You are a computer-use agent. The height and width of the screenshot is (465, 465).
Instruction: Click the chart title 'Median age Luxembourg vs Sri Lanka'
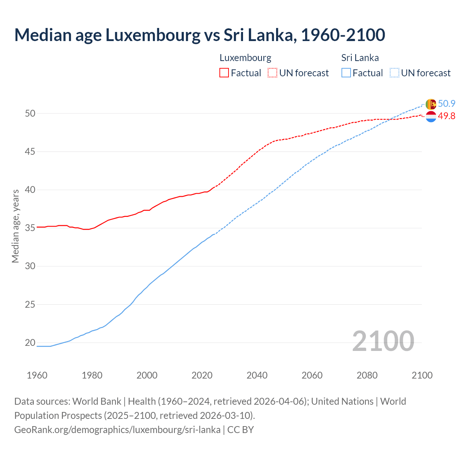(x=199, y=35)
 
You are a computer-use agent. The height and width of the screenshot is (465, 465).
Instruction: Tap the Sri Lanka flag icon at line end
(x=430, y=104)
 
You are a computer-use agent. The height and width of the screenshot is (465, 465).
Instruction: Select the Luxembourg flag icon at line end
(x=430, y=117)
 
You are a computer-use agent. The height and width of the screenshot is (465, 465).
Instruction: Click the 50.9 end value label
(x=446, y=104)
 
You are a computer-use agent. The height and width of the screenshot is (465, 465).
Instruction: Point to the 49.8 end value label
(x=446, y=116)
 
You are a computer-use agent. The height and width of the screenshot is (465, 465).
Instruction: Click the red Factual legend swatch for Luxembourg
(x=224, y=73)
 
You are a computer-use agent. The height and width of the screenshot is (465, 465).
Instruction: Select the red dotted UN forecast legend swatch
(x=272, y=73)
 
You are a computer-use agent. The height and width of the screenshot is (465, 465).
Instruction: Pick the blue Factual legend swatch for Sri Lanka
(x=346, y=73)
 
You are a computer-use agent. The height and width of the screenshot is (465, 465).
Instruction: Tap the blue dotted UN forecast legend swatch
(x=395, y=73)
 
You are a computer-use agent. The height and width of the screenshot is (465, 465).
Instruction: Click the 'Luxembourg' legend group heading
(x=245, y=58)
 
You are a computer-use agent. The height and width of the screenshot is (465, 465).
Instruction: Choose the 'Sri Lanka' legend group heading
(x=360, y=58)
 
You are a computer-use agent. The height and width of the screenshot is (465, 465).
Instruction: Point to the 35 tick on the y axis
(x=30, y=228)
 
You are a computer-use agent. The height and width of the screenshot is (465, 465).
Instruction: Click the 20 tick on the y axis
(x=30, y=343)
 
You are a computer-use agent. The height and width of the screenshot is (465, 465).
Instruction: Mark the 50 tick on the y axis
(x=30, y=113)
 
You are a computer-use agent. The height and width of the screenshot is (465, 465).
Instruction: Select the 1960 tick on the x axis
(x=37, y=375)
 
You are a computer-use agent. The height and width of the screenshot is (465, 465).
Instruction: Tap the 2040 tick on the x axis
(x=257, y=375)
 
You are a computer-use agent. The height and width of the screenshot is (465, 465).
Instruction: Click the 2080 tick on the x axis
(x=367, y=375)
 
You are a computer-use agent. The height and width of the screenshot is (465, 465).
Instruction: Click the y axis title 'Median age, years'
(x=15, y=226)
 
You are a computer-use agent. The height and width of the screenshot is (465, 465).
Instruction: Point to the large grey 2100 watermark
(x=383, y=341)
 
